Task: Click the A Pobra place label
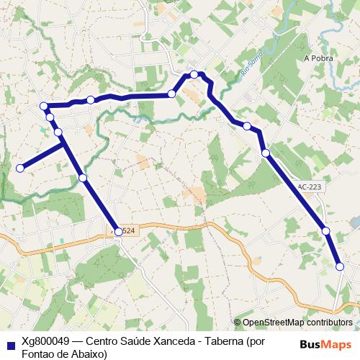click(x=316, y=58)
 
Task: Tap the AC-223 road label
click(x=310, y=186)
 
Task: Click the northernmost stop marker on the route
click(x=194, y=74)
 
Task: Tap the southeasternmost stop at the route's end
click(x=340, y=266)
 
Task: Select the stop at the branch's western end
click(x=21, y=168)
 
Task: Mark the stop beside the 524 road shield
click(x=118, y=232)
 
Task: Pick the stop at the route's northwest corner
click(x=44, y=107)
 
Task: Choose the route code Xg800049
click(x=45, y=342)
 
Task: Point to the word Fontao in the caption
click(x=38, y=354)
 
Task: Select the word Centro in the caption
click(x=105, y=342)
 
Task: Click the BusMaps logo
click(x=325, y=343)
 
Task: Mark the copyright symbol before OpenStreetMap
click(x=237, y=323)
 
